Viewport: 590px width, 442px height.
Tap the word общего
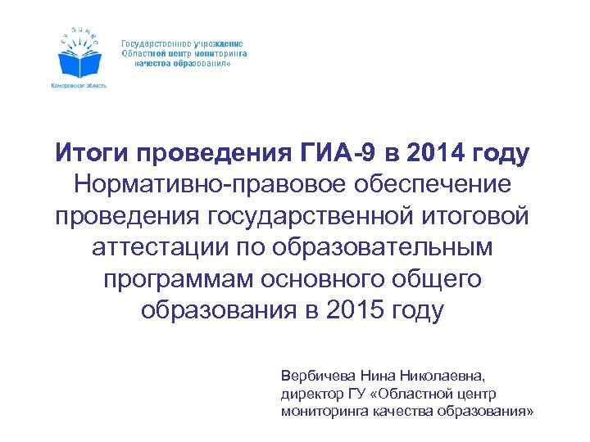pos(442,280)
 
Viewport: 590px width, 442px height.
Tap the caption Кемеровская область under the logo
pos(79,85)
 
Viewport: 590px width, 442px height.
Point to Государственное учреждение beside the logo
pos(182,43)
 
